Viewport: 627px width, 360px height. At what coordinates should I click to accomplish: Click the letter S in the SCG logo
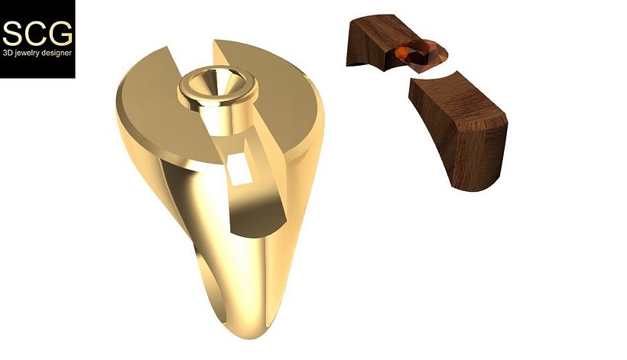[x=13, y=34]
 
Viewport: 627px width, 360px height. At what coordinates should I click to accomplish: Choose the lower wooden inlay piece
[x=459, y=130]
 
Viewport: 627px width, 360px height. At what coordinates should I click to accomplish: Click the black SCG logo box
[x=37, y=38]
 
